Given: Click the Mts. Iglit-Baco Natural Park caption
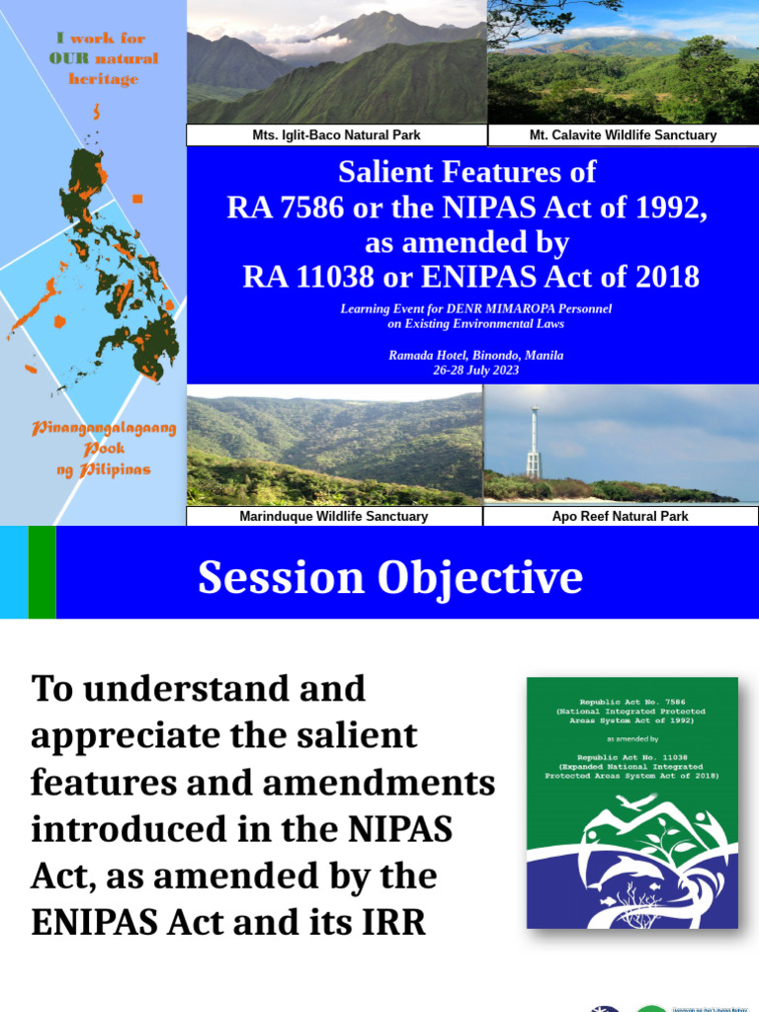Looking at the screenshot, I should [336, 134].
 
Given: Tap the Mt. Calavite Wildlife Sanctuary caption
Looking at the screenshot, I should [623, 134].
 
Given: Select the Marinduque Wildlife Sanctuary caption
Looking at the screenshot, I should [333, 516].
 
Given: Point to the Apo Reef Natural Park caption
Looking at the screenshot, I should [620, 516].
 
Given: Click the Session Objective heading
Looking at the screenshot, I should [389, 577].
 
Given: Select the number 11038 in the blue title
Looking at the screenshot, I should [338, 277].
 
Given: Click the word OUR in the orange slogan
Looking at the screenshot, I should [67, 58].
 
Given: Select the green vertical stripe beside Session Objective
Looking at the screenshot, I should [42, 572].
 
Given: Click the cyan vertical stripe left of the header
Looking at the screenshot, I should [14, 572].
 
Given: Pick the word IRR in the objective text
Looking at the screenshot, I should [394, 922].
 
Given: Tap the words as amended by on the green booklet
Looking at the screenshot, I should [632, 738].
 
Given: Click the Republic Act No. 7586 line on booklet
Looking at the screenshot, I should [632, 700].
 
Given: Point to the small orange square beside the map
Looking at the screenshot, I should [137, 199].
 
